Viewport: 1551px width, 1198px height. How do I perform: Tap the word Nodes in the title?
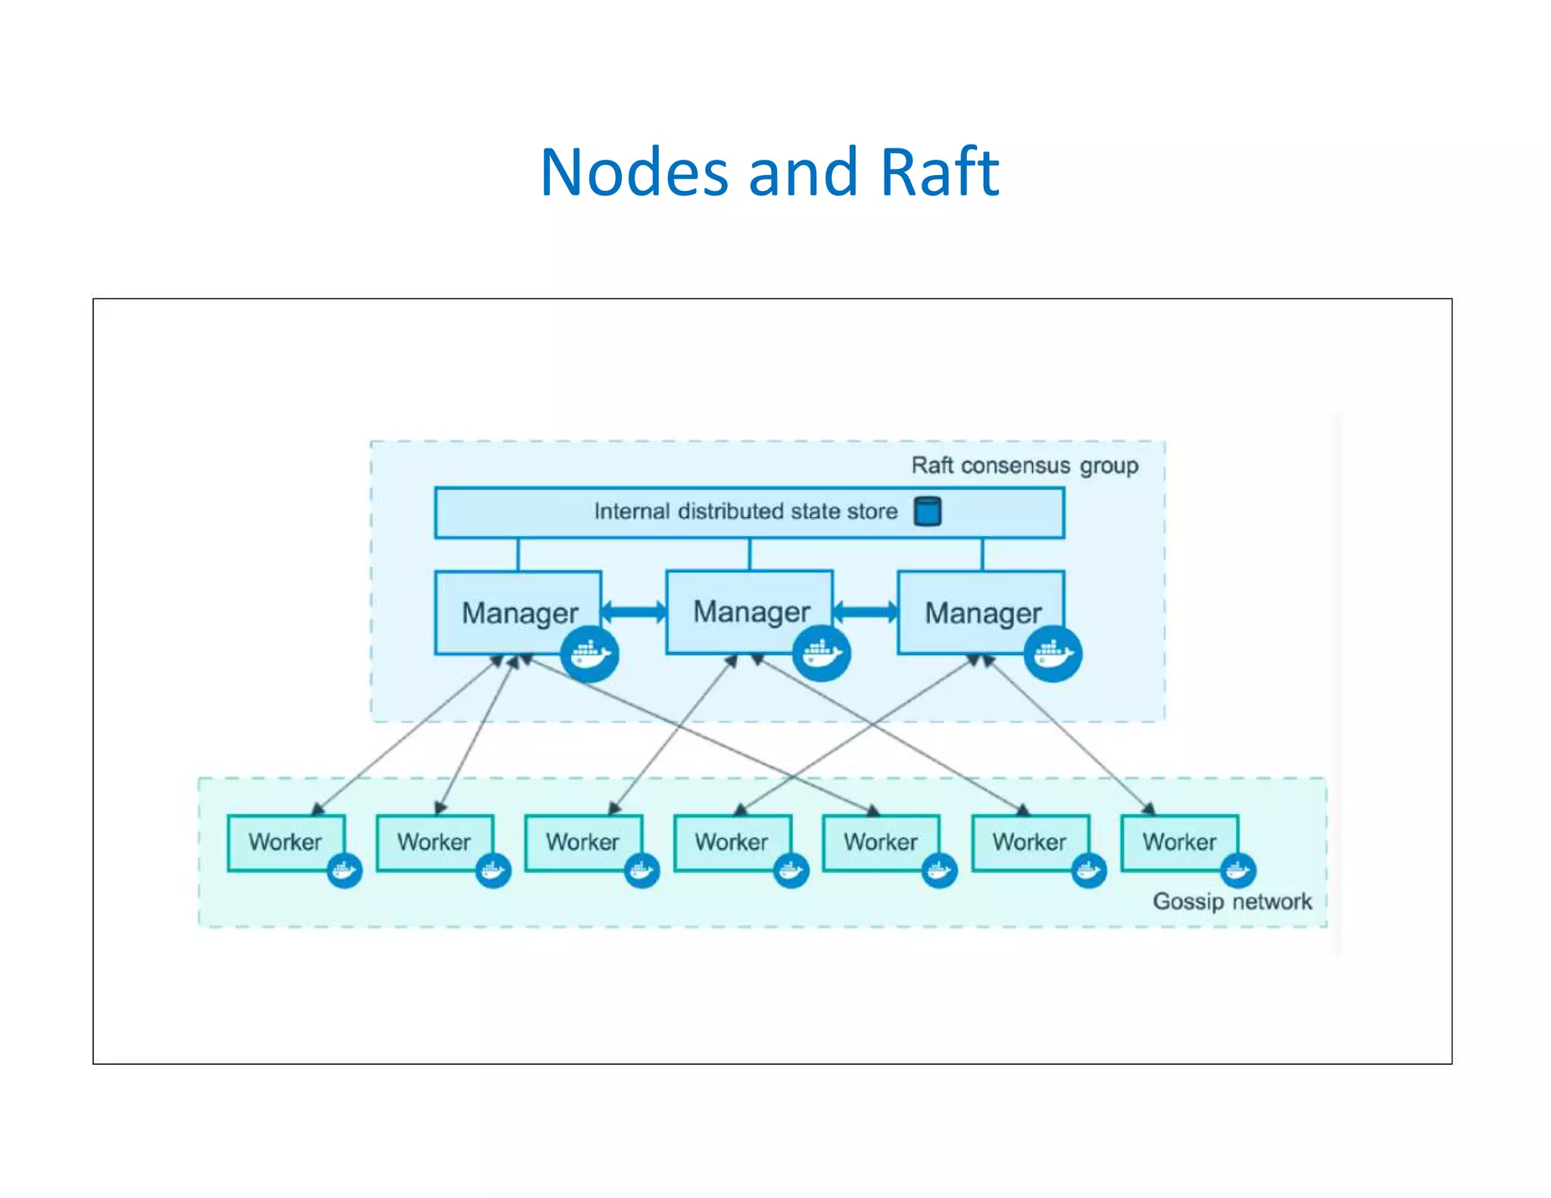coord(635,173)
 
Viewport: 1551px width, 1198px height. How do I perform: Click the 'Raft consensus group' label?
coord(1024,465)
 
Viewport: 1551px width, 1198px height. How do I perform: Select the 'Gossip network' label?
coord(1231,901)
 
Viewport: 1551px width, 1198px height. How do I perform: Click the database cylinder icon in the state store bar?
coord(927,511)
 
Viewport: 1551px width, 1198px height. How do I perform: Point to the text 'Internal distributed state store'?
coord(745,511)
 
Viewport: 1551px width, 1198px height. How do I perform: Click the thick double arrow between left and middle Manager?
coord(634,611)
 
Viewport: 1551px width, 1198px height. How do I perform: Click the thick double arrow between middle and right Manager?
coord(866,611)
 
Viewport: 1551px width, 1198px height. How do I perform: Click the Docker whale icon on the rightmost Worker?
coord(1238,871)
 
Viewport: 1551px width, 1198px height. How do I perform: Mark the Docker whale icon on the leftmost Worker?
coord(345,871)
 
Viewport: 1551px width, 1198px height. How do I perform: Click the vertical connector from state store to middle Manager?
coord(750,554)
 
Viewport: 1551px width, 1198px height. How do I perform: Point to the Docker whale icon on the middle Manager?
coord(822,654)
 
